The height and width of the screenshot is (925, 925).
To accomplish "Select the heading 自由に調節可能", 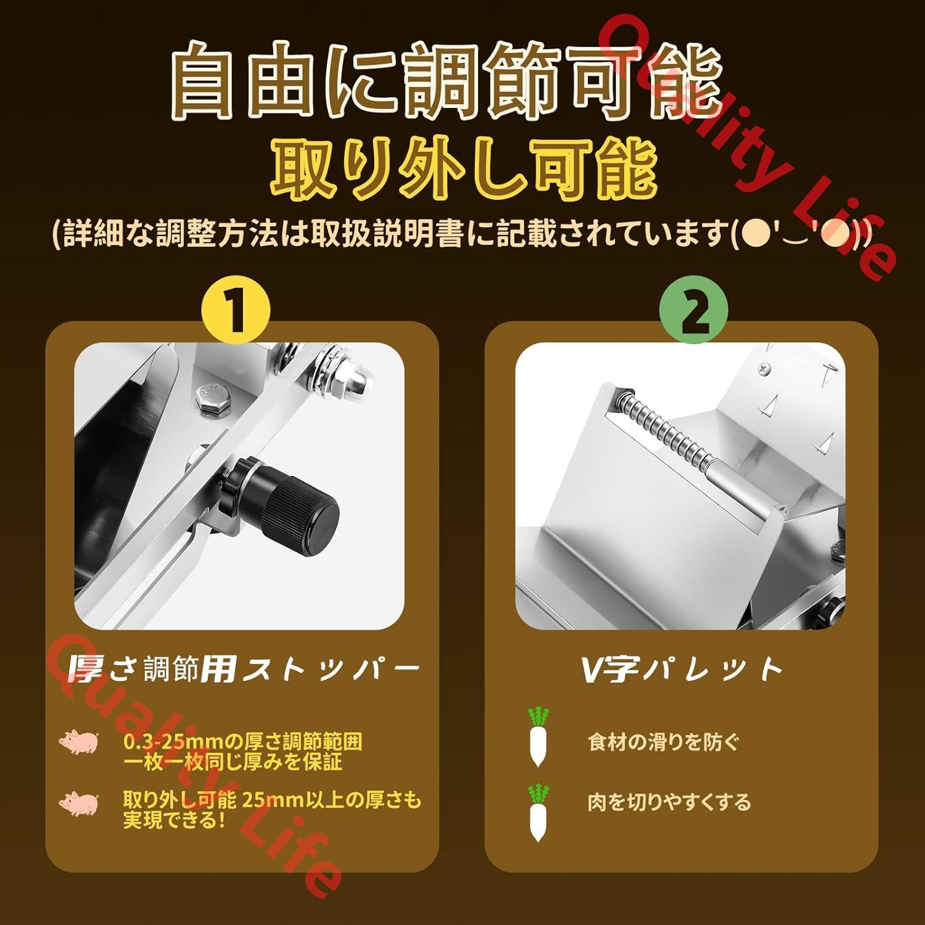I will [x=445, y=81].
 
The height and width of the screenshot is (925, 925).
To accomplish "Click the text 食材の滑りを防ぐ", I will [x=663, y=741].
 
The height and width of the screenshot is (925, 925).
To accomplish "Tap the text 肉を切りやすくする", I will [x=669, y=802].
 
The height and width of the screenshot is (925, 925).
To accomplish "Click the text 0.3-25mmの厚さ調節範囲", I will [x=242, y=741].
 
